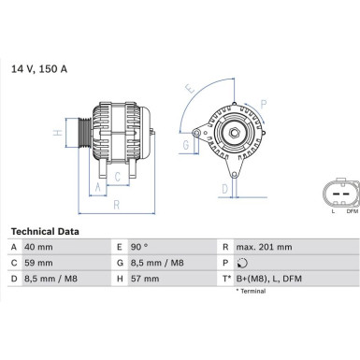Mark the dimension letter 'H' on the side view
(58, 133)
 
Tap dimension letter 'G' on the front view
(186, 145)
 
